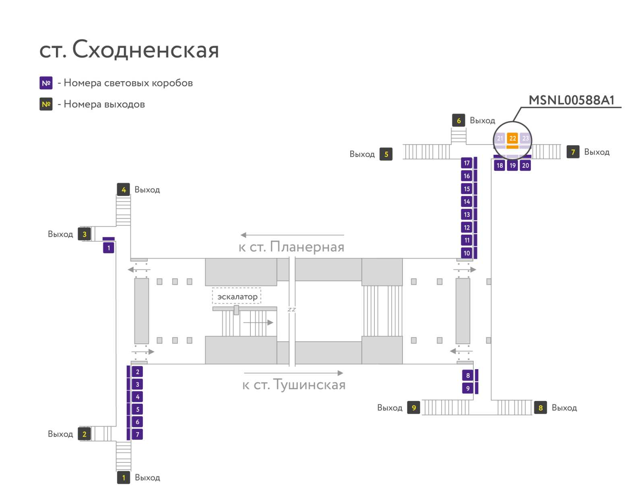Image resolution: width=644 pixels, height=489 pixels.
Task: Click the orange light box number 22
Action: [x=512, y=138]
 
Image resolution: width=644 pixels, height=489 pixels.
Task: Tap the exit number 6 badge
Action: [x=458, y=120]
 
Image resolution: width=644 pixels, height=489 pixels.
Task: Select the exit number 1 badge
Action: [x=124, y=477]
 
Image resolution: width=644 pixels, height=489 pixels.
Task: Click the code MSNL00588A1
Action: [x=571, y=100]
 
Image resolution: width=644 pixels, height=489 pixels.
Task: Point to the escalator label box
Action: [x=237, y=296]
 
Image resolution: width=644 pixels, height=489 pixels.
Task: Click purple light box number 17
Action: [x=466, y=163]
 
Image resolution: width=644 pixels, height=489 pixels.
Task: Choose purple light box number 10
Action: [x=466, y=253]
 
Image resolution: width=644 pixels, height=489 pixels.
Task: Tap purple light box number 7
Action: [x=137, y=434]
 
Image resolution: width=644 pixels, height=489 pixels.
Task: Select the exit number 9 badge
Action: [x=414, y=407]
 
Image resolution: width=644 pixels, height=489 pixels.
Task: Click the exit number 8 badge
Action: [x=541, y=407]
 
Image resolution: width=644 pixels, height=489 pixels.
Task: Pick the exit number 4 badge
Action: [x=124, y=189]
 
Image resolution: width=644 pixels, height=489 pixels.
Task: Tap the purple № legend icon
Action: [x=46, y=83]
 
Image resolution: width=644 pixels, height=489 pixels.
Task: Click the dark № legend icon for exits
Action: [x=46, y=104]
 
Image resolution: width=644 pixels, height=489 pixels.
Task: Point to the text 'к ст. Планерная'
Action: [x=291, y=247]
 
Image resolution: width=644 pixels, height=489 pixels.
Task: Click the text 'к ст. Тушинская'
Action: [x=294, y=384]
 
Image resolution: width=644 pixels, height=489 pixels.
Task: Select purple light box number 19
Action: [x=512, y=166]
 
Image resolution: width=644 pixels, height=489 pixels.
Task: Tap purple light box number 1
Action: [x=109, y=248]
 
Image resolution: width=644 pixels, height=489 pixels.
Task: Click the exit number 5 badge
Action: [x=386, y=154]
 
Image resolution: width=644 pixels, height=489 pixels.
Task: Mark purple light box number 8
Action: [x=468, y=375]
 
